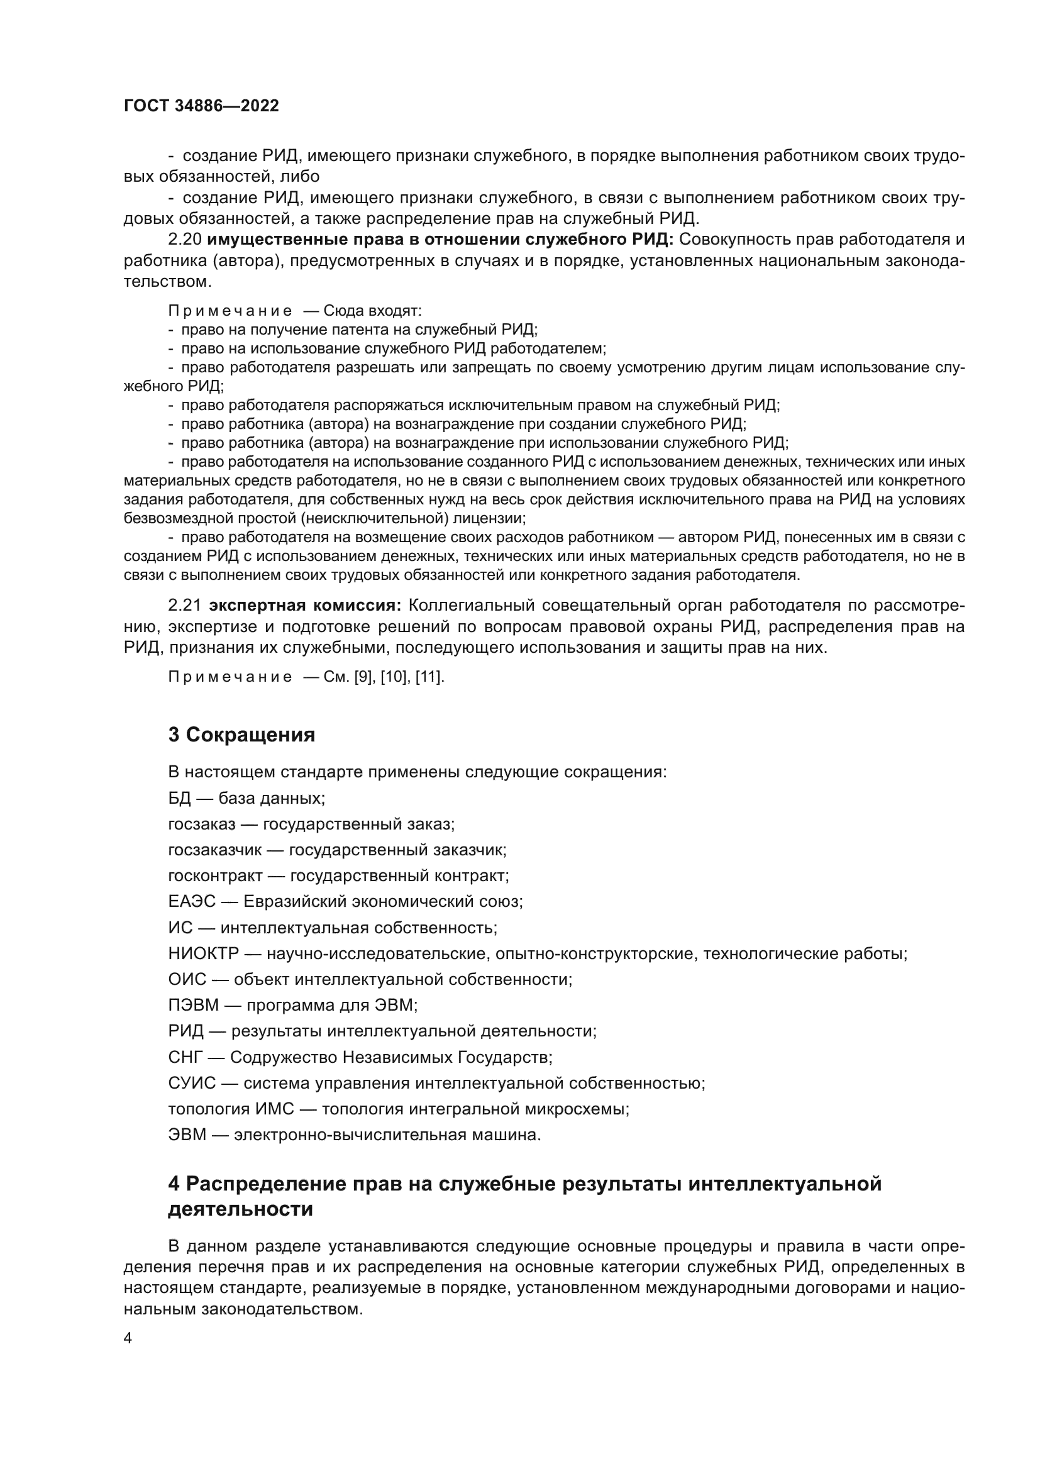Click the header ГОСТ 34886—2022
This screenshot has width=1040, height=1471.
(201, 106)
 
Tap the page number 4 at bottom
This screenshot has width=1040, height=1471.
(128, 1338)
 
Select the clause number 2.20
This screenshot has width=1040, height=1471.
(185, 240)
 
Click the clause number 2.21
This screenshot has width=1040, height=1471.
(185, 606)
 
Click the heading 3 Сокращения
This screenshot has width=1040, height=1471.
(241, 735)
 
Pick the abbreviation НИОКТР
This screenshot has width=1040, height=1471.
(203, 953)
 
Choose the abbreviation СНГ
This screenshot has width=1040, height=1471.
(184, 1057)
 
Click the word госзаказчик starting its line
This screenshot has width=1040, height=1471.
(214, 850)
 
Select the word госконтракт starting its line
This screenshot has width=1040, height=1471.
(215, 876)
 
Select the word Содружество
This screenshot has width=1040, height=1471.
(284, 1057)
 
